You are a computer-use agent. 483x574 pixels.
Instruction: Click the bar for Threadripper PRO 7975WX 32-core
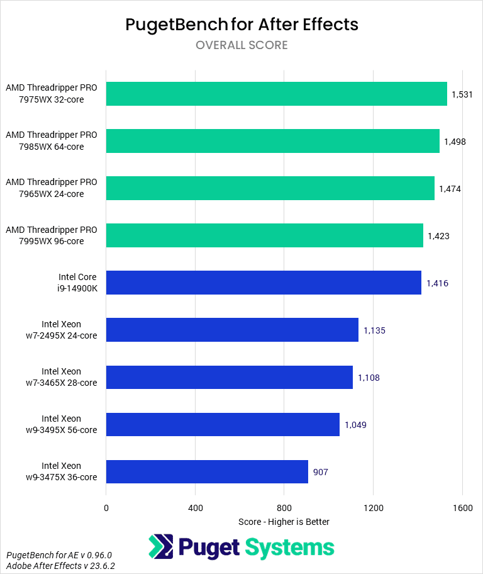pos(277,94)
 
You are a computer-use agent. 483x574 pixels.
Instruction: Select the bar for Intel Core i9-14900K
pos(264,283)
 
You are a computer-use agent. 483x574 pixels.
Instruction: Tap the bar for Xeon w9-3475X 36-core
pos(207,471)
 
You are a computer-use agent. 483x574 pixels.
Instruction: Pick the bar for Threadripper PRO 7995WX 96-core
pos(265,235)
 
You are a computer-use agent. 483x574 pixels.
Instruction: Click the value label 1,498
pos(455,142)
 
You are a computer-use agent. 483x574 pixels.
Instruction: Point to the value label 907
pos(321,472)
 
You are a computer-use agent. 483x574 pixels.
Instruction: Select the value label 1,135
pos(374,330)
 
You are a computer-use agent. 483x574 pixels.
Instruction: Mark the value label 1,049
pos(355,425)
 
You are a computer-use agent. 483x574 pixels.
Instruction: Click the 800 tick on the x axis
pos(284,507)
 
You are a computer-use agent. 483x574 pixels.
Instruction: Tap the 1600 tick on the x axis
pos(462,507)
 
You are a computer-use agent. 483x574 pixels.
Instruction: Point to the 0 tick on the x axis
pos(106,507)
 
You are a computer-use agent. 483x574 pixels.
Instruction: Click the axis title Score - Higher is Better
pos(284,522)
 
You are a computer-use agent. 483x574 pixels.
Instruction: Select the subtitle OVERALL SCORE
pos(241,45)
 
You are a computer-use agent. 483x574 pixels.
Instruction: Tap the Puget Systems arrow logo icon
pos(161,547)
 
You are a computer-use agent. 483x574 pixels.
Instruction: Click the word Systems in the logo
pos(290,547)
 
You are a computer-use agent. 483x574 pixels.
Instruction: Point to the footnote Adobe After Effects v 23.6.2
pos(61,566)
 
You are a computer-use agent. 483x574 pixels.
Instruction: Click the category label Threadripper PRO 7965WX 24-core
pos(52,188)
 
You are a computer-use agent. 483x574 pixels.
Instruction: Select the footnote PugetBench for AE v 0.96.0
pos(58,555)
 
